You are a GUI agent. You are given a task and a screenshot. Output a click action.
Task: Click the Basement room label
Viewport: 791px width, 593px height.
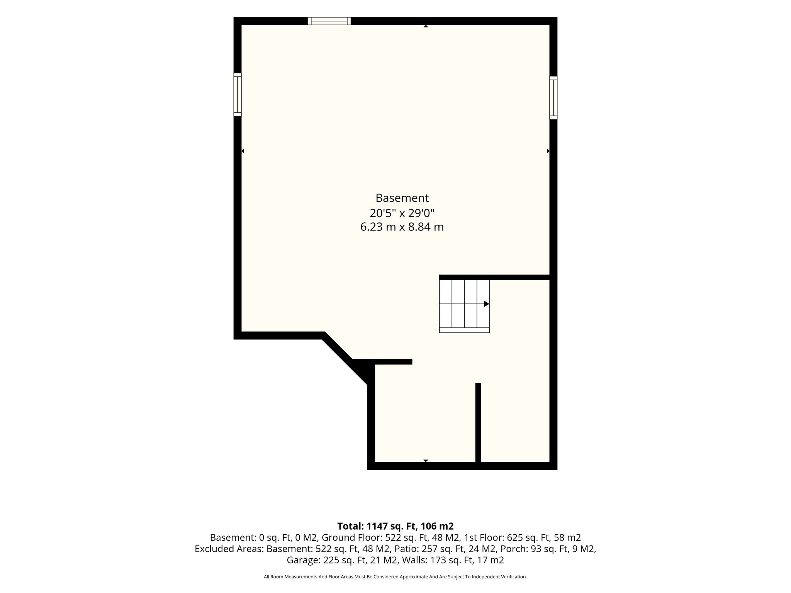pyautogui.click(x=402, y=198)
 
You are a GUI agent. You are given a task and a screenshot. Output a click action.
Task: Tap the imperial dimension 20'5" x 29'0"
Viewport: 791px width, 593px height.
pyautogui.click(x=402, y=213)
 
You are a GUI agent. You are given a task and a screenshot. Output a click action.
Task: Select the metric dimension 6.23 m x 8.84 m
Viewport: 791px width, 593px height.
pyautogui.click(x=402, y=227)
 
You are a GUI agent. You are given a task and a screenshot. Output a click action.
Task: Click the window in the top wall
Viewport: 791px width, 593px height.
pyautogui.click(x=329, y=21)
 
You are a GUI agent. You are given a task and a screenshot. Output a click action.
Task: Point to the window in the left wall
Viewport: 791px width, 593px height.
pyautogui.click(x=238, y=95)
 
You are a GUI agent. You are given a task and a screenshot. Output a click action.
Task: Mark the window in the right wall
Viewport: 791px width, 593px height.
pyautogui.click(x=553, y=98)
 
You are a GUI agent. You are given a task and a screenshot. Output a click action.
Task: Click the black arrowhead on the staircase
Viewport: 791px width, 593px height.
pyautogui.click(x=487, y=304)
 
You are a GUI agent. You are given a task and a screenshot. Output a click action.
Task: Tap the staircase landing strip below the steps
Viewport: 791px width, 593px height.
pyautogui.click(x=464, y=330)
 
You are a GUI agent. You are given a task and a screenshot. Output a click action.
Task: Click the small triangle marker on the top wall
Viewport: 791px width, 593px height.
pyautogui.click(x=426, y=26)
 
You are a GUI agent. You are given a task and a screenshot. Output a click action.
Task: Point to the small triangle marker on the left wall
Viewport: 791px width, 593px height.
pyautogui.click(x=243, y=151)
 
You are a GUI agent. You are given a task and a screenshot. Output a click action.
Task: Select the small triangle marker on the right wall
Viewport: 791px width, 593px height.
pyautogui.click(x=548, y=151)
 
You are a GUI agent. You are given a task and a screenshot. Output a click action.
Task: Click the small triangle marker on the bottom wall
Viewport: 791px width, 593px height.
pyautogui.click(x=426, y=461)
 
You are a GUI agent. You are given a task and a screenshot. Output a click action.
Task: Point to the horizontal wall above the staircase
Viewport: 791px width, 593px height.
pyautogui.click(x=494, y=277)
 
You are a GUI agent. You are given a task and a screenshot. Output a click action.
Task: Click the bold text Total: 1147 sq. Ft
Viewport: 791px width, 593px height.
pyautogui.click(x=379, y=526)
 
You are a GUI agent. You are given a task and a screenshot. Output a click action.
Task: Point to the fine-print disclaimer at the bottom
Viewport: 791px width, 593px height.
pyautogui.click(x=395, y=577)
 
